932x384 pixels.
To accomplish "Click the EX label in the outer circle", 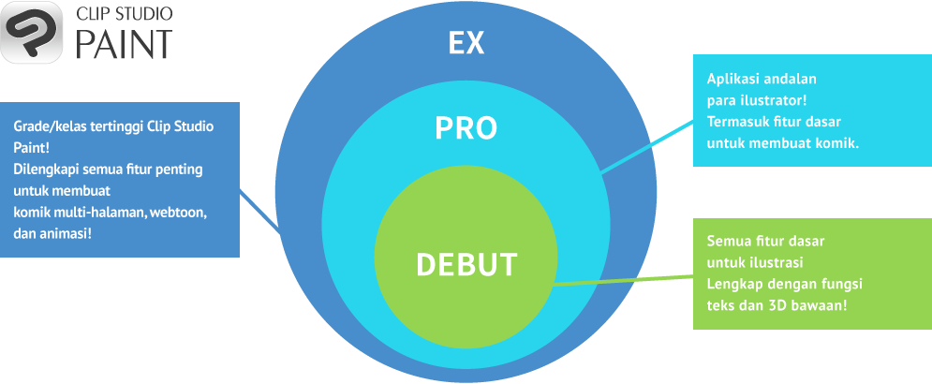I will pyautogui.click(x=466, y=43).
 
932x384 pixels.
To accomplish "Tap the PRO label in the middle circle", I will pyautogui.click(x=466, y=128).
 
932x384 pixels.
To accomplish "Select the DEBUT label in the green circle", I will pyautogui.click(x=466, y=264).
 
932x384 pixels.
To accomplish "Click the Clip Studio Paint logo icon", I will pyautogui.click(x=32, y=33).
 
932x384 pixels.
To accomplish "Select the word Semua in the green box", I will pyautogui.click(x=728, y=241).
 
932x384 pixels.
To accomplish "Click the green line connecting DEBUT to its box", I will pyautogui.click(x=623, y=280).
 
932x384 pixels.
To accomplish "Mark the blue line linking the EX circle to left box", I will pyautogui.click(x=261, y=212).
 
